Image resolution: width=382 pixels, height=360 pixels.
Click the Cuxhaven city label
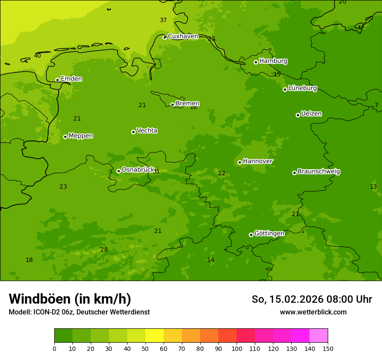tap(183, 36)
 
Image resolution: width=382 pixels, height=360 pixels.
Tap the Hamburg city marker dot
tap(256, 62)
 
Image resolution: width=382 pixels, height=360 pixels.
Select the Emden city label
tap(71, 79)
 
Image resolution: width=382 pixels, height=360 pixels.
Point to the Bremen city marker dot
tap(172, 105)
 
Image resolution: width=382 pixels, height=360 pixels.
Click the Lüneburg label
tap(302, 88)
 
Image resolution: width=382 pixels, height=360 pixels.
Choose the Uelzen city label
tap(311, 114)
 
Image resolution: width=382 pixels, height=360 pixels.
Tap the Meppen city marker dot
tap(65, 137)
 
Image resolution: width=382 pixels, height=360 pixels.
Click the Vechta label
tap(147, 131)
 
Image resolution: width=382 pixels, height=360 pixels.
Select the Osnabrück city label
tap(138, 170)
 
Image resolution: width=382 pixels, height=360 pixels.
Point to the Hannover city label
tap(257, 161)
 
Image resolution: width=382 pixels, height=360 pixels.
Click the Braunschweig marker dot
tap(294, 173)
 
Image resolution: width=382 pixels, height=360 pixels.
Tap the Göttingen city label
tap(269, 234)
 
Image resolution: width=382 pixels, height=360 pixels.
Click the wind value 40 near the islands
tap(37, 56)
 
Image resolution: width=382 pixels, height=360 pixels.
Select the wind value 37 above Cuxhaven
tap(163, 20)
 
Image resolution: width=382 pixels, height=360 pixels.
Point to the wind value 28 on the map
tap(104, 250)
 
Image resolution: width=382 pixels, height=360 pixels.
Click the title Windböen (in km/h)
tap(70, 299)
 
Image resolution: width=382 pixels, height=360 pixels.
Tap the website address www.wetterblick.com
tap(313, 312)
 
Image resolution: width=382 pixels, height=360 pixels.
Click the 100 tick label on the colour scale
tap(237, 348)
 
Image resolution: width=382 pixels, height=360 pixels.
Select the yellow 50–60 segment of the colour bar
tap(155, 336)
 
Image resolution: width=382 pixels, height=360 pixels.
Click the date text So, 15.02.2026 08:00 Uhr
tap(312, 299)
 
